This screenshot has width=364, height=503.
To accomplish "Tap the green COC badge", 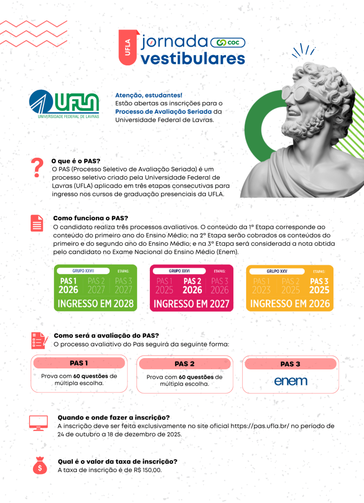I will pos(227,43).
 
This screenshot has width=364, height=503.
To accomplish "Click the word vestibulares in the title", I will pos(193,58).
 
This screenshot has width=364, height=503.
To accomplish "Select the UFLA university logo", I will pos(64,104).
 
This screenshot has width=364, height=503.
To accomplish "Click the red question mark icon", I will pos(35,168).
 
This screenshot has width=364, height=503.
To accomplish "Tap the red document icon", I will pos(37,223).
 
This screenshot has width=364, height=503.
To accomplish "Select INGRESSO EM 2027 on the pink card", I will pos(192,304).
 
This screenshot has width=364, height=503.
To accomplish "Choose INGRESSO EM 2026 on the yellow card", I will pos(289,304).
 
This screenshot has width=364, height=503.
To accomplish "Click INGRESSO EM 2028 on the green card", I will pos(96,304).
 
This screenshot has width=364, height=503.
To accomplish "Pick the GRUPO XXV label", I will pos(277,271).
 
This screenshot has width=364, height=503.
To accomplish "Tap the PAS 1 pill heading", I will pos(79,363).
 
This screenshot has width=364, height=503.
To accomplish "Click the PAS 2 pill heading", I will pos(185,364).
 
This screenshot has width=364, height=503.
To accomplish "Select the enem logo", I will pos(290,381).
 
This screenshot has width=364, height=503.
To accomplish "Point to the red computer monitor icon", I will pos(38,422).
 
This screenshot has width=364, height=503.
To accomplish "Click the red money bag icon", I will pos(39,465).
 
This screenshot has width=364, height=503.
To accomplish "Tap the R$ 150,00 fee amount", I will pos(148,470).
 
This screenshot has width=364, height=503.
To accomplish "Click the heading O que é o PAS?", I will pos(76,161).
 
